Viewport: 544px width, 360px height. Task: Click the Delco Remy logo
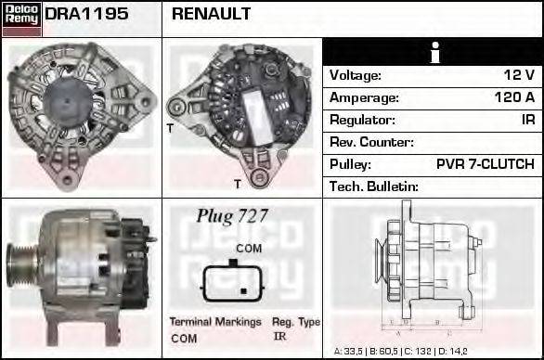(21, 18)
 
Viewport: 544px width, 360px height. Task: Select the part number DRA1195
(86, 14)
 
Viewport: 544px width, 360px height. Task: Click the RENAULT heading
(211, 14)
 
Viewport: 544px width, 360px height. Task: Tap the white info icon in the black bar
(433, 52)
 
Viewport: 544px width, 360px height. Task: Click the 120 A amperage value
(514, 97)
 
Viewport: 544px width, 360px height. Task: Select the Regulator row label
(362, 120)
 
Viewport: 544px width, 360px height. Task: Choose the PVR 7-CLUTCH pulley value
(485, 164)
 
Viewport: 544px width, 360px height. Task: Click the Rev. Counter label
(371, 142)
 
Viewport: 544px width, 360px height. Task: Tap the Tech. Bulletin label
(374, 186)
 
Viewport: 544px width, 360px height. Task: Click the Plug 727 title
(232, 215)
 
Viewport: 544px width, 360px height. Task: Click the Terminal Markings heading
(214, 322)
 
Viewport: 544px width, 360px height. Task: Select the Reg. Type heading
(296, 322)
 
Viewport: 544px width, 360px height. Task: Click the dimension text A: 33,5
(352, 352)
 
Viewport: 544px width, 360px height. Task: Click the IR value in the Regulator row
(527, 120)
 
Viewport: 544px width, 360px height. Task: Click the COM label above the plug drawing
(248, 249)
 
